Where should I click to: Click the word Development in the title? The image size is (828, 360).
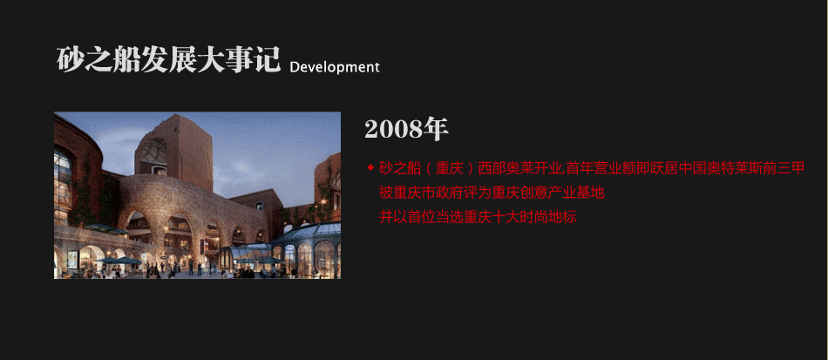click(x=335, y=67)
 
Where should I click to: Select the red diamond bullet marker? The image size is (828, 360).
click(x=370, y=168)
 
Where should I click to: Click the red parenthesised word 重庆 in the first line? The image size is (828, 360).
click(x=450, y=168)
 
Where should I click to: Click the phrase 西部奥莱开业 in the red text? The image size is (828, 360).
click(x=520, y=168)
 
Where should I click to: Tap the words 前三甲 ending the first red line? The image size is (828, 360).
click(x=784, y=168)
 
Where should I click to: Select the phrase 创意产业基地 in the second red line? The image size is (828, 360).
click(x=562, y=193)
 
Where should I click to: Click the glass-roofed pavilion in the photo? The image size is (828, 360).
click(x=306, y=249)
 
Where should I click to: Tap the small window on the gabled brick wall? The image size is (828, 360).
click(x=259, y=206)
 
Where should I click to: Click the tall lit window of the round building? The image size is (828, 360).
click(x=62, y=185)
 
